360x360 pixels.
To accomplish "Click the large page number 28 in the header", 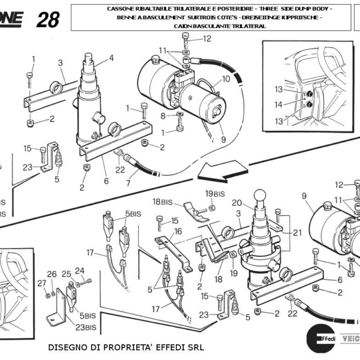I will click(47, 20).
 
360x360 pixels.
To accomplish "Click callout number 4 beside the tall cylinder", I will click(111, 58).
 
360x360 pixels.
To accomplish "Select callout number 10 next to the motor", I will click(226, 79).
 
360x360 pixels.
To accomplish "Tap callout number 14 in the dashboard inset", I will click(278, 104).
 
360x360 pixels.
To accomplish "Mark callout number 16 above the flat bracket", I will click(178, 231).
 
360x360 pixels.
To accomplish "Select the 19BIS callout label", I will click(214, 193).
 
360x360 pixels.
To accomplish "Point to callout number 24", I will click(79, 270).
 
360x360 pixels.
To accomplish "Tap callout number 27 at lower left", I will click(41, 283).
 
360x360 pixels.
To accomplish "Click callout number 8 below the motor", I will click(163, 115).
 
